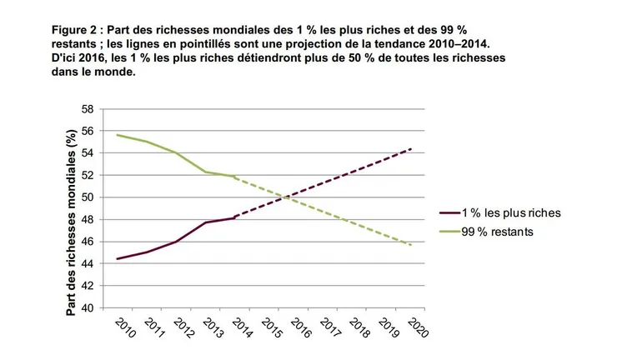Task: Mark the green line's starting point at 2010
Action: pyautogui.click(x=118, y=135)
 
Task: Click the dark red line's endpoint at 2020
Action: pyautogui.click(x=412, y=148)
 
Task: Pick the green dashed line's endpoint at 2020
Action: pyautogui.click(x=412, y=245)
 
